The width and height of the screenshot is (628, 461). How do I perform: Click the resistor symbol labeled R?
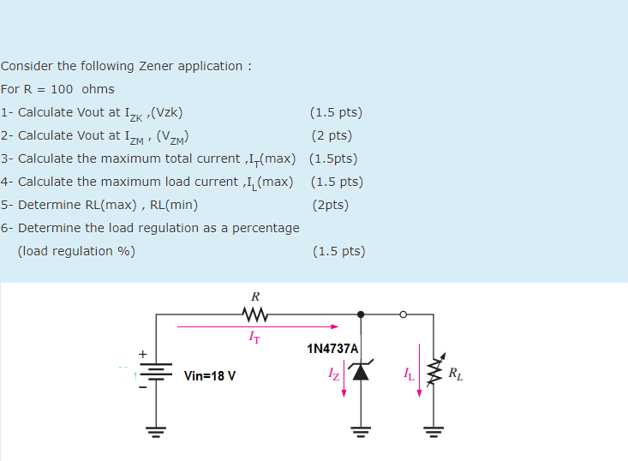click(x=255, y=315)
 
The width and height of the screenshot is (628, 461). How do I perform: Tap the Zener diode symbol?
click(x=361, y=371)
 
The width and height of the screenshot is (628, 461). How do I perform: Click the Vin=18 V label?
click(x=210, y=375)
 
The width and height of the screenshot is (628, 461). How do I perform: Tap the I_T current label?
click(x=255, y=338)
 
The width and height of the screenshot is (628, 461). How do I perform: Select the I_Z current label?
click(x=334, y=374)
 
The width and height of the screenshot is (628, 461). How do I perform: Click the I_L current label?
click(x=410, y=374)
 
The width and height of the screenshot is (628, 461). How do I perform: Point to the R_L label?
click(x=457, y=374)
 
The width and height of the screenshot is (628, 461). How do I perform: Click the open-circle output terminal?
click(x=403, y=314)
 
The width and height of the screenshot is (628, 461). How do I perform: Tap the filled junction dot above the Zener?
click(x=361, y=314)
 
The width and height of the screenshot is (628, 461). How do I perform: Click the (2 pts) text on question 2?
click(x=332, y=135)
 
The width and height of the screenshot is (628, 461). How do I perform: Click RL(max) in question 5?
click(x=123, y=205)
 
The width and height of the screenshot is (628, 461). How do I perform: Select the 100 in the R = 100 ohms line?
click(x=63, y=89)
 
